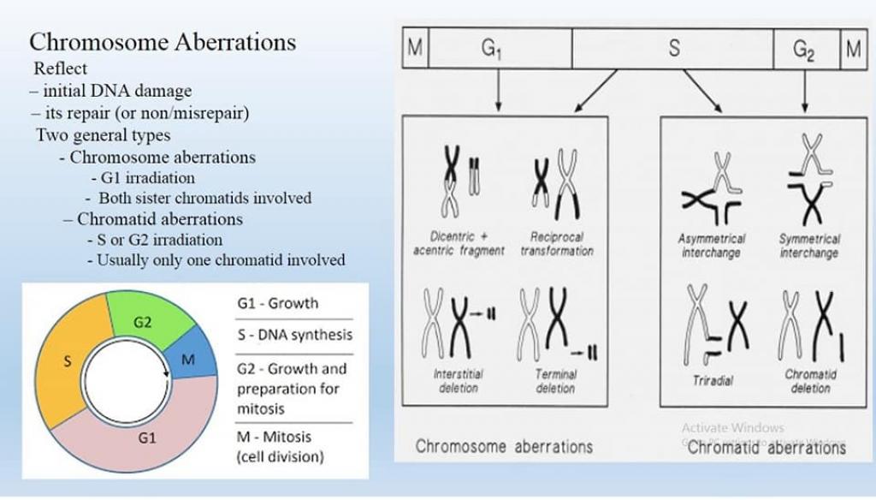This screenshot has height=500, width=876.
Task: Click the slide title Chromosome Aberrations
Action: point(163,42)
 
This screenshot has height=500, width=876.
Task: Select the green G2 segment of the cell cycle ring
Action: point(141,320)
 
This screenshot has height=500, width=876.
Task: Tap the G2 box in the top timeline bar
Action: point(804,50)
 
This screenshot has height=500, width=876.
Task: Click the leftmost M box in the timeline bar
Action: point(415,50)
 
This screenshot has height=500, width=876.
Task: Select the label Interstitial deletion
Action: point(458,381)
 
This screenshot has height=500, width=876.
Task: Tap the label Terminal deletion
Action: point(555,381)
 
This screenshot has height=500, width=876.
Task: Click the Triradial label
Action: point(713,381)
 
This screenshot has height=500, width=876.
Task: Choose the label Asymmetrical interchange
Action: point(712,246)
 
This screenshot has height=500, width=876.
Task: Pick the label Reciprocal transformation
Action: point(556,244)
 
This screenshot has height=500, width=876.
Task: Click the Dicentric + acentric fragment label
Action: point(459,244)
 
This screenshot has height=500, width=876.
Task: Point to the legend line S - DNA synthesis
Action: point(294,336)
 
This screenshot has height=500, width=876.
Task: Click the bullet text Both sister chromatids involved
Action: point(204,198)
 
